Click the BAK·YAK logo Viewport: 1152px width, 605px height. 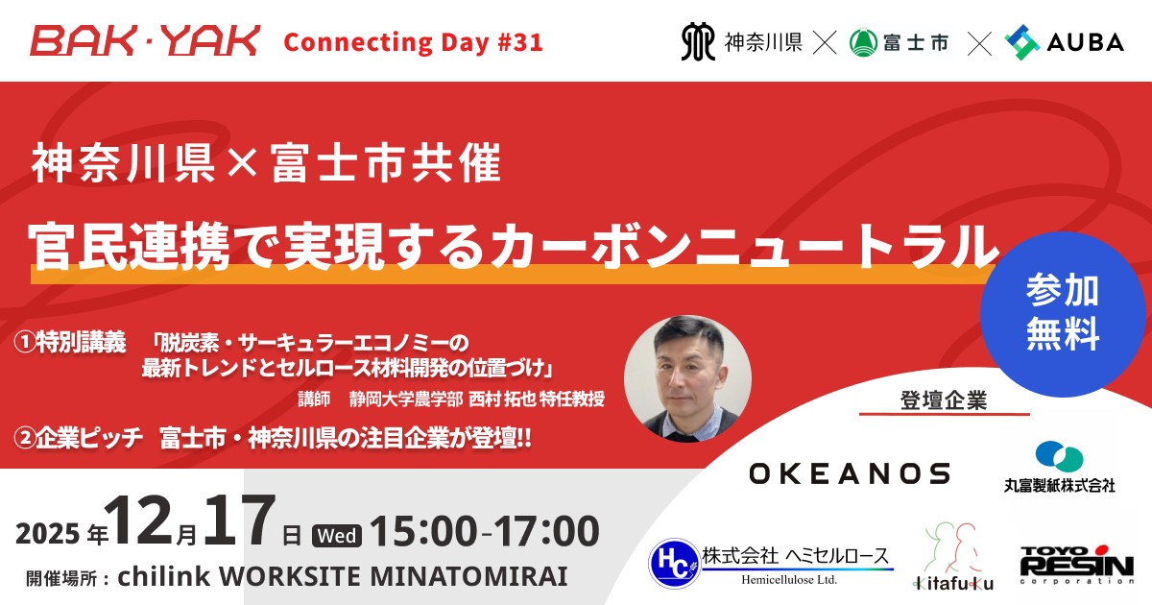click(x=145, y=41)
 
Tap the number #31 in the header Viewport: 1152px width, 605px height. click(x=520, y=42)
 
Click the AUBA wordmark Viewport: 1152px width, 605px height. click(x=1085, y=42)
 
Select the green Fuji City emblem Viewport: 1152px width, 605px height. click(x=863, y=42)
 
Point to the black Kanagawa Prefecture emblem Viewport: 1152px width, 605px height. click(x=698, y=41)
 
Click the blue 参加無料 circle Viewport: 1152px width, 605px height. click(x=1063, y=314)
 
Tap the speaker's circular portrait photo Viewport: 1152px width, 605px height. click(x=687, y=379)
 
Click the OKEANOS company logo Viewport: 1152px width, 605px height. click(x=849, y=473)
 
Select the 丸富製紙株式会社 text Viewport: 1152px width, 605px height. click(x=1060, y=485)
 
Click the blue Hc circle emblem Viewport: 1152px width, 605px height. click(x=675, y=564)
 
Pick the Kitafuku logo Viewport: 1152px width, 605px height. click(x=953, y=557)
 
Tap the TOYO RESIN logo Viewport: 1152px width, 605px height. click(x=1077, y=565)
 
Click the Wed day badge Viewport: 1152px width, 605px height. click(x=337, y=536)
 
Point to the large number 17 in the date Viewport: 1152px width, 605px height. click(x=239, y=520)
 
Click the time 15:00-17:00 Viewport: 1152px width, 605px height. click(x=485, y=531)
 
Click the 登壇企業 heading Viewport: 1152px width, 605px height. click(x=944, y=400)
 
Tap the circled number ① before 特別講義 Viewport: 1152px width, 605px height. click(x=25, y=342)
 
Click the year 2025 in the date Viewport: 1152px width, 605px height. click(x=48, y=534)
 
